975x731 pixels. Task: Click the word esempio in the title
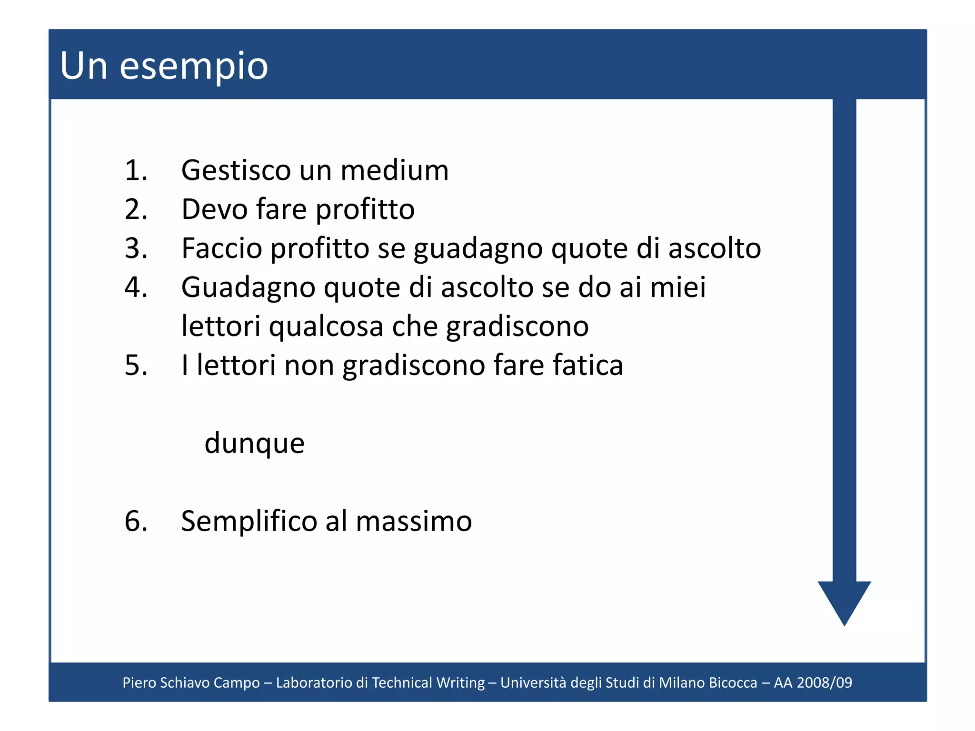(194, 67)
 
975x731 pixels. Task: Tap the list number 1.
(136, 170)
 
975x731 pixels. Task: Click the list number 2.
(136, 209)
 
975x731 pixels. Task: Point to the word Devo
(215, 209)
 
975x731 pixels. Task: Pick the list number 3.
(136, 248)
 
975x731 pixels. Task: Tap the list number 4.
(136, 287)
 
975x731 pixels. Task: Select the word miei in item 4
(678, 287)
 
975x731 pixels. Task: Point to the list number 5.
(136, 365)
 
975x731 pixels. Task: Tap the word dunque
(254, 444)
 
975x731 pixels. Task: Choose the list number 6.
(136, 521)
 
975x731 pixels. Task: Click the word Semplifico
(249, 521)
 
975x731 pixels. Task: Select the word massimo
(414, 521)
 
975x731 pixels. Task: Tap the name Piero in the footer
(139, 682)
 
